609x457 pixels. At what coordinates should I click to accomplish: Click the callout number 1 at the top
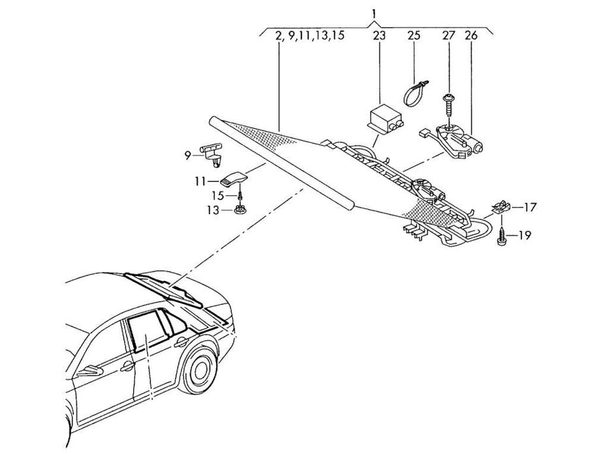373,13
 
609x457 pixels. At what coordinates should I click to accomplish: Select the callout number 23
379,37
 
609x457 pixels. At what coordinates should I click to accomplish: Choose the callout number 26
471,37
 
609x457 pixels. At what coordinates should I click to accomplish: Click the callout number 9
188,155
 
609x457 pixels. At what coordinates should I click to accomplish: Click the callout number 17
529,208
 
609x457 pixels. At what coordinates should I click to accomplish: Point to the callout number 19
525,235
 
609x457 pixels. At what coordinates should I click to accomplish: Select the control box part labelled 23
385,121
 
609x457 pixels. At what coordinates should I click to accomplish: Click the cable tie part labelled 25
413,93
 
